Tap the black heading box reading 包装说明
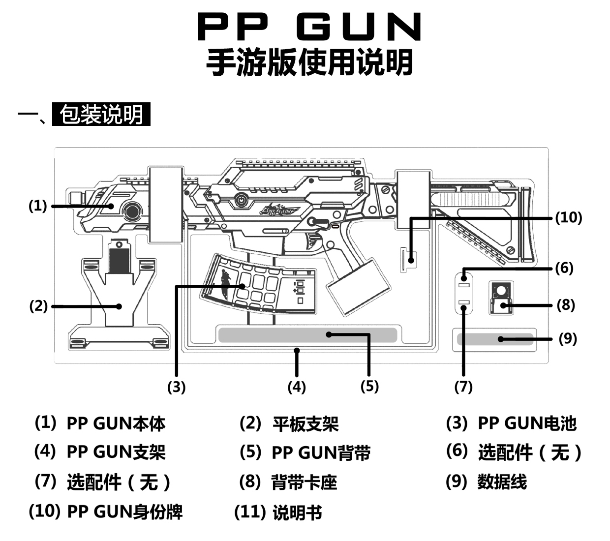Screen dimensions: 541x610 pos(101,115)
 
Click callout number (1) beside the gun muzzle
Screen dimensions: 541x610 pos(38,206)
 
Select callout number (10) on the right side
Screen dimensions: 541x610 pos(568,217)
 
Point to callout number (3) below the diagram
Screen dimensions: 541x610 pos(176,387)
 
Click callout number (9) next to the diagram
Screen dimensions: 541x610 pos(568,338)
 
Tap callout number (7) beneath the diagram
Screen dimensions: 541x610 pos(463,387)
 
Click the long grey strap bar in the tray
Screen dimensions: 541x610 pos(307,335)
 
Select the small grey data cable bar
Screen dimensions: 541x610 pos(495,339)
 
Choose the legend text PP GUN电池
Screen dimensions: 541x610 pos(527,423)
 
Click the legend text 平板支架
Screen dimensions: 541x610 pos(305,424)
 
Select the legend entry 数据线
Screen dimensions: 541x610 pos(502,481)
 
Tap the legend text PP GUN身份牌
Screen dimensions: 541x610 pos(124,511)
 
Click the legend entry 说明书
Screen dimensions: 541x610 pos(297,512)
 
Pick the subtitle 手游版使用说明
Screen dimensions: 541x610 pos(309,62)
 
